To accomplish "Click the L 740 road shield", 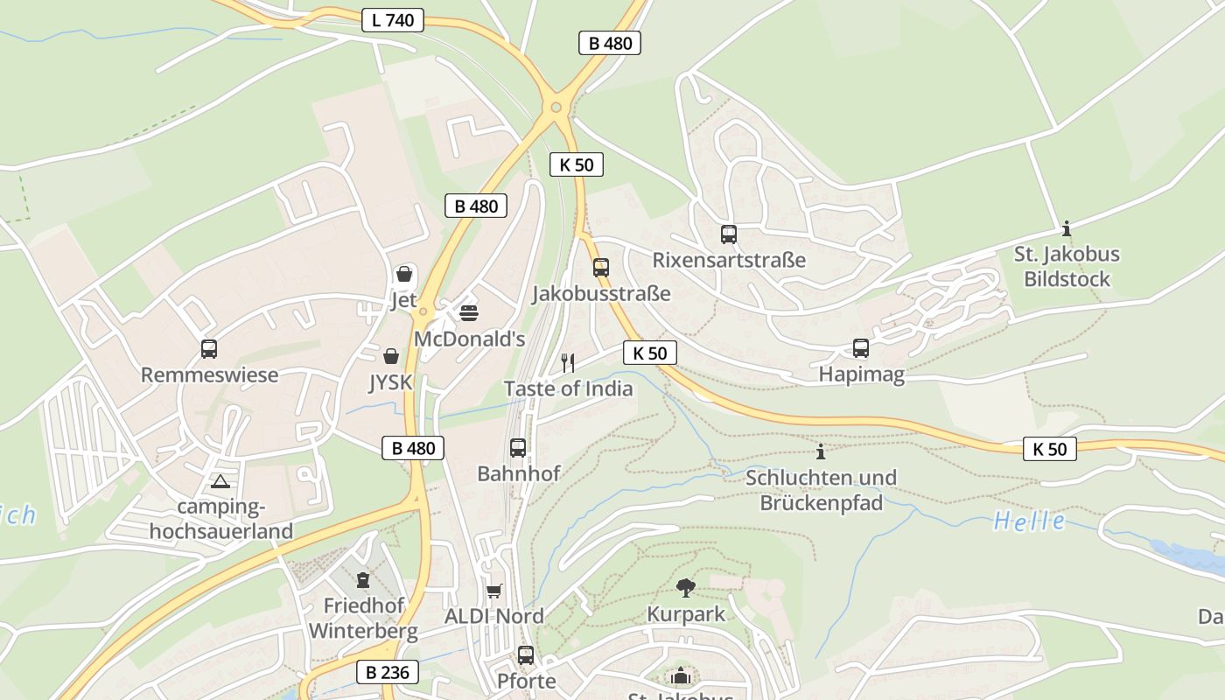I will point(393,20).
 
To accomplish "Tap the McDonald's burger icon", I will point(469,312).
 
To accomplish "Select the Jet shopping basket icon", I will point(404,275).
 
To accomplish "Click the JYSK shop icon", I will point(391,356).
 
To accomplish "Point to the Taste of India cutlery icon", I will point(568,362).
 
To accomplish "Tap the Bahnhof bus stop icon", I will point(518,448).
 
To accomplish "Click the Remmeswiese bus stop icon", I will point(209,349).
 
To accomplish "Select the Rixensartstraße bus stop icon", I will point(729,234).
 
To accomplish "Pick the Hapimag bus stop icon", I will point(861,348).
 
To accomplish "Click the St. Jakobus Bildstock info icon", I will point(1067,229).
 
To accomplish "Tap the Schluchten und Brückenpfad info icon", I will point(821,451).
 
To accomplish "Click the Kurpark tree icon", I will point(686,588).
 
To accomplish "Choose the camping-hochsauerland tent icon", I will point(220,481).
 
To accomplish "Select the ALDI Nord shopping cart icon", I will point(494,591).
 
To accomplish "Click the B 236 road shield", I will point(387,673).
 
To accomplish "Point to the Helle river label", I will point(1030,522).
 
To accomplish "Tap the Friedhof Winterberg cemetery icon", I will point(362,579).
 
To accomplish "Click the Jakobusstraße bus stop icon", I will point(601,268).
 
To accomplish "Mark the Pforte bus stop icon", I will point(526,654).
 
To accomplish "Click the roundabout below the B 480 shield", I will point(556,108).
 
